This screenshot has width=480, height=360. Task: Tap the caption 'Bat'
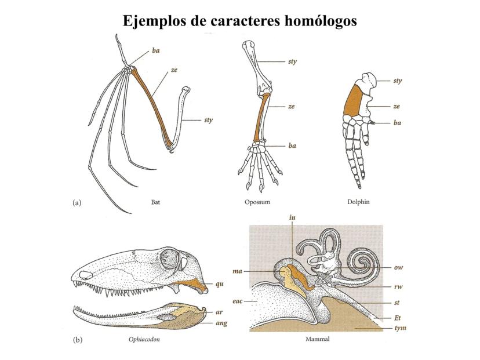click(x=155, y=202)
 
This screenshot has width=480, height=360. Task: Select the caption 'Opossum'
click(x=258, y=202)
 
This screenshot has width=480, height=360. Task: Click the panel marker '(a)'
click(x=77, y=202)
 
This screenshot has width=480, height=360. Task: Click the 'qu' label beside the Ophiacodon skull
click(x=219, y=285)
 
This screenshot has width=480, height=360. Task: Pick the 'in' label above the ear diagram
click(x=292, y=217)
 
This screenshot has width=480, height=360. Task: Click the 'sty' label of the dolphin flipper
click(x=397, y=81)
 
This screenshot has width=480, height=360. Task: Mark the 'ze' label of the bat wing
click(x=174, y=70)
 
